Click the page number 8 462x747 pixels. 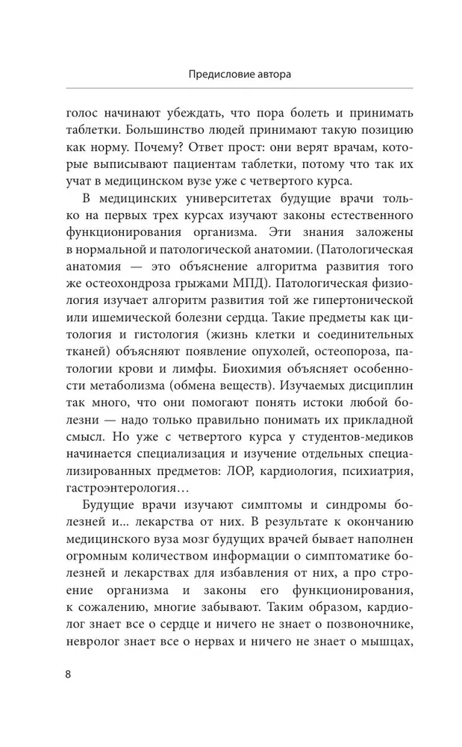click(x=69, y=673)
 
